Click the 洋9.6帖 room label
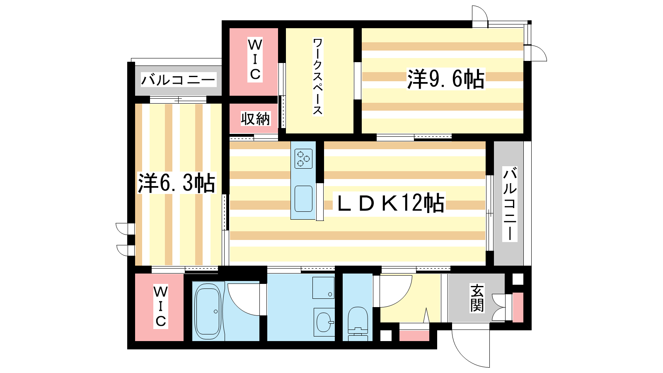446,79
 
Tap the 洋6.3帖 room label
177,183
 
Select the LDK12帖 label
391,203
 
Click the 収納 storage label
255,119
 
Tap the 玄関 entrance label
477,298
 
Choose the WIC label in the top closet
255,60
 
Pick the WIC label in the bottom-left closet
161,307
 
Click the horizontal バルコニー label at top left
178,80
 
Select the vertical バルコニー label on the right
510,204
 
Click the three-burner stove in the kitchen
303,159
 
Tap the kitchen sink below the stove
303,199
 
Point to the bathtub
208,311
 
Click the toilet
358,324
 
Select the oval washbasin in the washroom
324,322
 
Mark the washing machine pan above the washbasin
324,288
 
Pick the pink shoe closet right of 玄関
518,307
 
